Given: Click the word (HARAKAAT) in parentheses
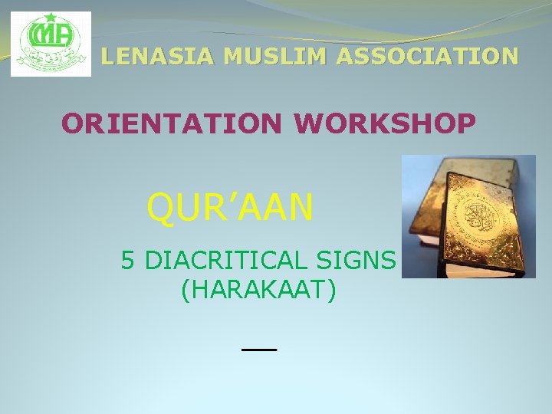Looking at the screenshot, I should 259,291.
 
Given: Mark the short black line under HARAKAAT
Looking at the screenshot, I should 258,349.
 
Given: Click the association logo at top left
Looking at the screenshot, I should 51,44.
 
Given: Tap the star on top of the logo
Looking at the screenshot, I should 51,18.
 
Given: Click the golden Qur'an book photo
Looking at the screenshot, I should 468,215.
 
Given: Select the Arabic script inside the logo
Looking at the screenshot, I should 51,58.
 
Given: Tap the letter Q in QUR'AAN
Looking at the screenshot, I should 161,207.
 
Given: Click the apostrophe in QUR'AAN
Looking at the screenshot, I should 228,195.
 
